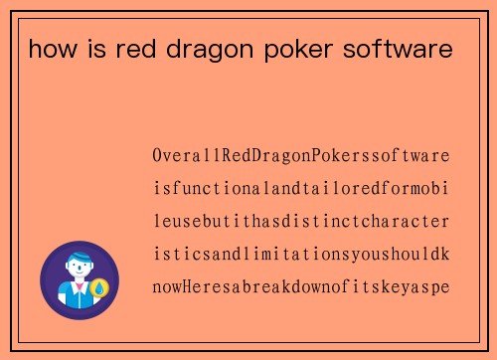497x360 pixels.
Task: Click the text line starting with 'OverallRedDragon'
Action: tap(300, 156)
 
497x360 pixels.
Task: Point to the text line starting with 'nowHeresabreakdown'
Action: tap(300, 287)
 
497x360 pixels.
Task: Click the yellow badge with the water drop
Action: tap(99, 289)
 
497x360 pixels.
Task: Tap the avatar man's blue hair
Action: tap(79, 260)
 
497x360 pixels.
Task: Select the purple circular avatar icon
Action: tap(79, 279)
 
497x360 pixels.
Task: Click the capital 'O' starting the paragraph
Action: tap(158, 156)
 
